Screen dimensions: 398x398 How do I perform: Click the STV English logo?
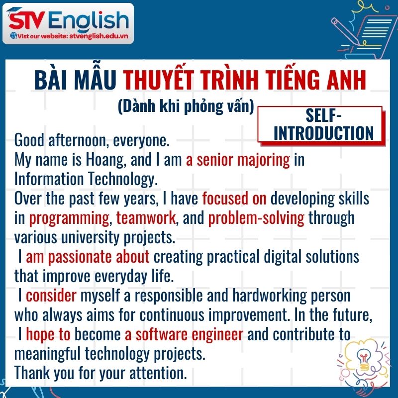pos(69,20)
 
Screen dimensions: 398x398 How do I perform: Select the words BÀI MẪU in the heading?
pos(76,81)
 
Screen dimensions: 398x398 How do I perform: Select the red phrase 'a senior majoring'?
pos(238,160)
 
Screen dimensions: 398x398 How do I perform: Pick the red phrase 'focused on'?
pos(234,199)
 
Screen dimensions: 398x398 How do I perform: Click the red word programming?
pos(69,218)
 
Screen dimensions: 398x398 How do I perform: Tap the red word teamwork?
pos(146,218)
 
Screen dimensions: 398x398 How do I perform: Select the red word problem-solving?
pos(256,218)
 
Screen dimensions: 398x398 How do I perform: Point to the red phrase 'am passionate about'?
pos(88,257)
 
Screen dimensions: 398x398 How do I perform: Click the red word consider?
pos(51,296)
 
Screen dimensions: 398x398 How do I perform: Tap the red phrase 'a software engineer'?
pos(184,334)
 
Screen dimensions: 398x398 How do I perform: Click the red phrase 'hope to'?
pos(48,334)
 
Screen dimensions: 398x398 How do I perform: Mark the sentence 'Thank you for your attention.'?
pos(100,373)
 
